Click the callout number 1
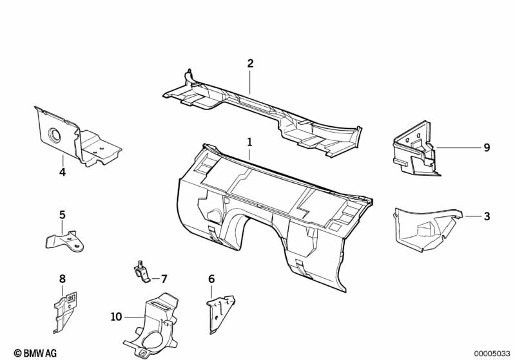tap(249, 141)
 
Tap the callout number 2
tap(250, 63)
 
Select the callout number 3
tap(487, 216)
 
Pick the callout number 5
tap(63, 214)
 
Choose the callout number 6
tap(211, 279)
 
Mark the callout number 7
tap(164, 279)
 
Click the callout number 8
tap(63, 279)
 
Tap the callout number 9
tap(487, 147)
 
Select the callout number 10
tap(116, 316)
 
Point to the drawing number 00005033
tap(491, 353)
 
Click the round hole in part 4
tap(53, 135)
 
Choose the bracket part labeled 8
tap(65, 309)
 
